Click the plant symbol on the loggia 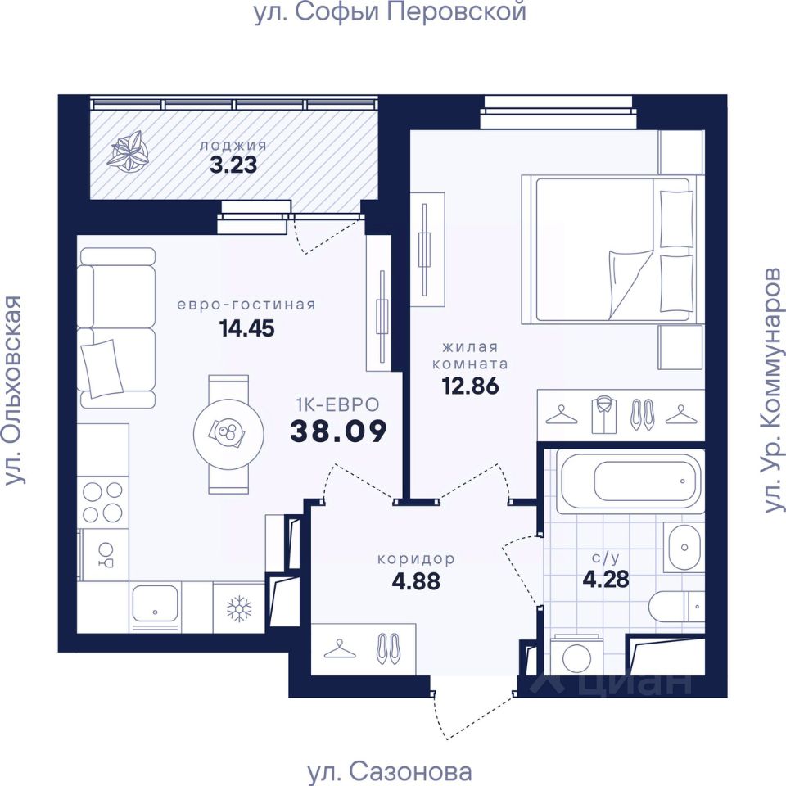point(129,152)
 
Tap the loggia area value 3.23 point(233,165)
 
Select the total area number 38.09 point(339,431)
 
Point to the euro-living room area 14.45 point(246,329)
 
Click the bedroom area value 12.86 point(470,386)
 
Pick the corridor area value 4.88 point(416,581)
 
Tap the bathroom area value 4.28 point(606,579)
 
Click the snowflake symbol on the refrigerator point(239,608)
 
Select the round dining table point(228,434)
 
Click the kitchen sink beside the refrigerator point(155,603)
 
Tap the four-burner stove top point(103,502)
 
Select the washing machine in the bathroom point(576,656)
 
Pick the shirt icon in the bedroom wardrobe point(603,416)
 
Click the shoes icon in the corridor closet point(388,648)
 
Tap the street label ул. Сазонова point(389,771)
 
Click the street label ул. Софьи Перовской point(390,12)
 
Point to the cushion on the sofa point(103,368)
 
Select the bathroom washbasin point(684,548)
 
